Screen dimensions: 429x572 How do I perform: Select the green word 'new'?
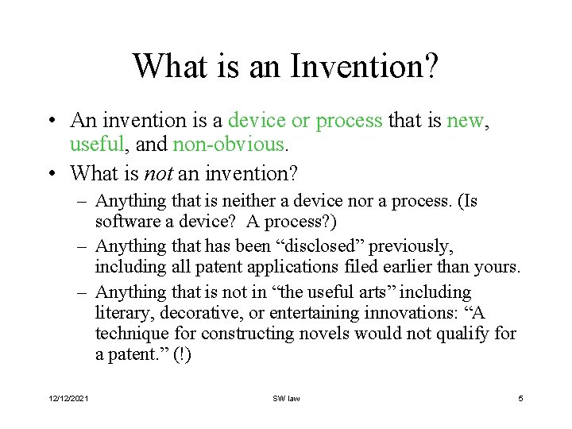(465, 121)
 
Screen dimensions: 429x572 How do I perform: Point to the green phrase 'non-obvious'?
(238, 145)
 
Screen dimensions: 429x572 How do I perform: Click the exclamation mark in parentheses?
(182, 354)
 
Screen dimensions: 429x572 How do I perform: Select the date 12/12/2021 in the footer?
(69, 398)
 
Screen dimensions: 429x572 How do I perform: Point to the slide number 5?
(520, 398)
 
